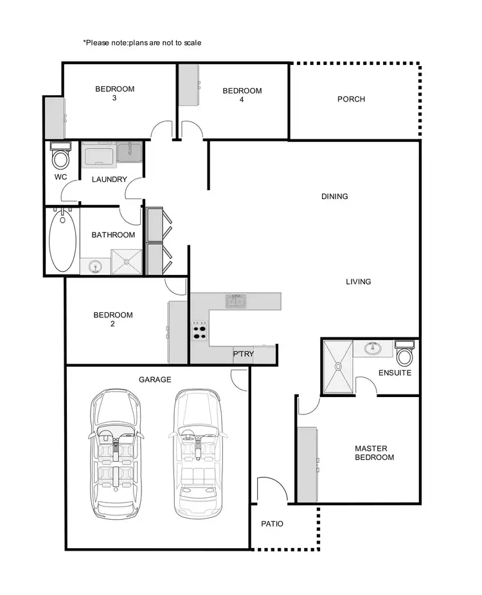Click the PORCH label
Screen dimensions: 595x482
[x=351, y=100]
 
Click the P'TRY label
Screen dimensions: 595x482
[x=243, y=353]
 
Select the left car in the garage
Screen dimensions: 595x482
[x=116, y=452]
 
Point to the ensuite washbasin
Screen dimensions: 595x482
[x=372, y=349]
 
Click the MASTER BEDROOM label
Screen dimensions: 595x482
[x=374, y=453]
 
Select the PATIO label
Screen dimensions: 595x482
[x=272, y=524]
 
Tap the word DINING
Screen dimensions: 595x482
[x=335, y=197]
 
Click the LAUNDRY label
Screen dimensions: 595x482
[x=109, y=180]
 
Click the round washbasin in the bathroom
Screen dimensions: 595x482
[x=95, y=266]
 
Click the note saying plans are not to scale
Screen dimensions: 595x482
[x=142, y=43]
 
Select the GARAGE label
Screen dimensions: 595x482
[x=155, y=380]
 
